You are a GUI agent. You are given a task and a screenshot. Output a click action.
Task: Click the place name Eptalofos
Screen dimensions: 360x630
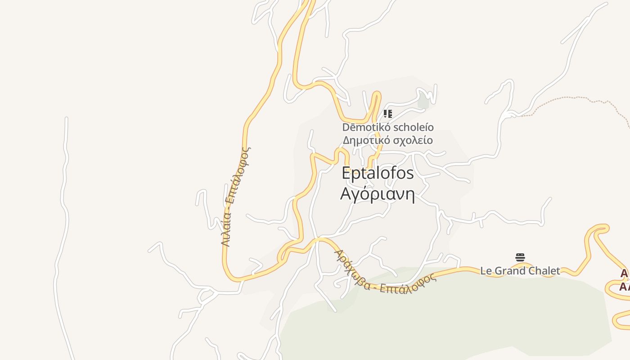378,173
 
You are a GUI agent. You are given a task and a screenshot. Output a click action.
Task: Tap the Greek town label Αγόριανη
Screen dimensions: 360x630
377,194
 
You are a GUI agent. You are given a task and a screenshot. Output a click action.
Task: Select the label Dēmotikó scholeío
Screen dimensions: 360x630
388,127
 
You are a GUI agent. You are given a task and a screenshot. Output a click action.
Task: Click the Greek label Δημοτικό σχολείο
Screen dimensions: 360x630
388,140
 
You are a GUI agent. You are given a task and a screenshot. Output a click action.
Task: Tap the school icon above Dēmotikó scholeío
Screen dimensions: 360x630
387,113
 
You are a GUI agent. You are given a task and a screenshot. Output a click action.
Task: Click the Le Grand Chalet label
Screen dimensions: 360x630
520,271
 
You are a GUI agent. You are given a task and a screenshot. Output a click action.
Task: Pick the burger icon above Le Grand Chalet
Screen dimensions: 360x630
520,257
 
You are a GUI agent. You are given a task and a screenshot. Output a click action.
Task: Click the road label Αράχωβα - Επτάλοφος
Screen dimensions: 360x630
385,273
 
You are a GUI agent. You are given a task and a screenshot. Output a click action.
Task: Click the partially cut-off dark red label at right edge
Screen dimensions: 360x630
625,280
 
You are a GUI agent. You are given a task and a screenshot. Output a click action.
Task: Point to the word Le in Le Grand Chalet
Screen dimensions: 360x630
486,271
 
